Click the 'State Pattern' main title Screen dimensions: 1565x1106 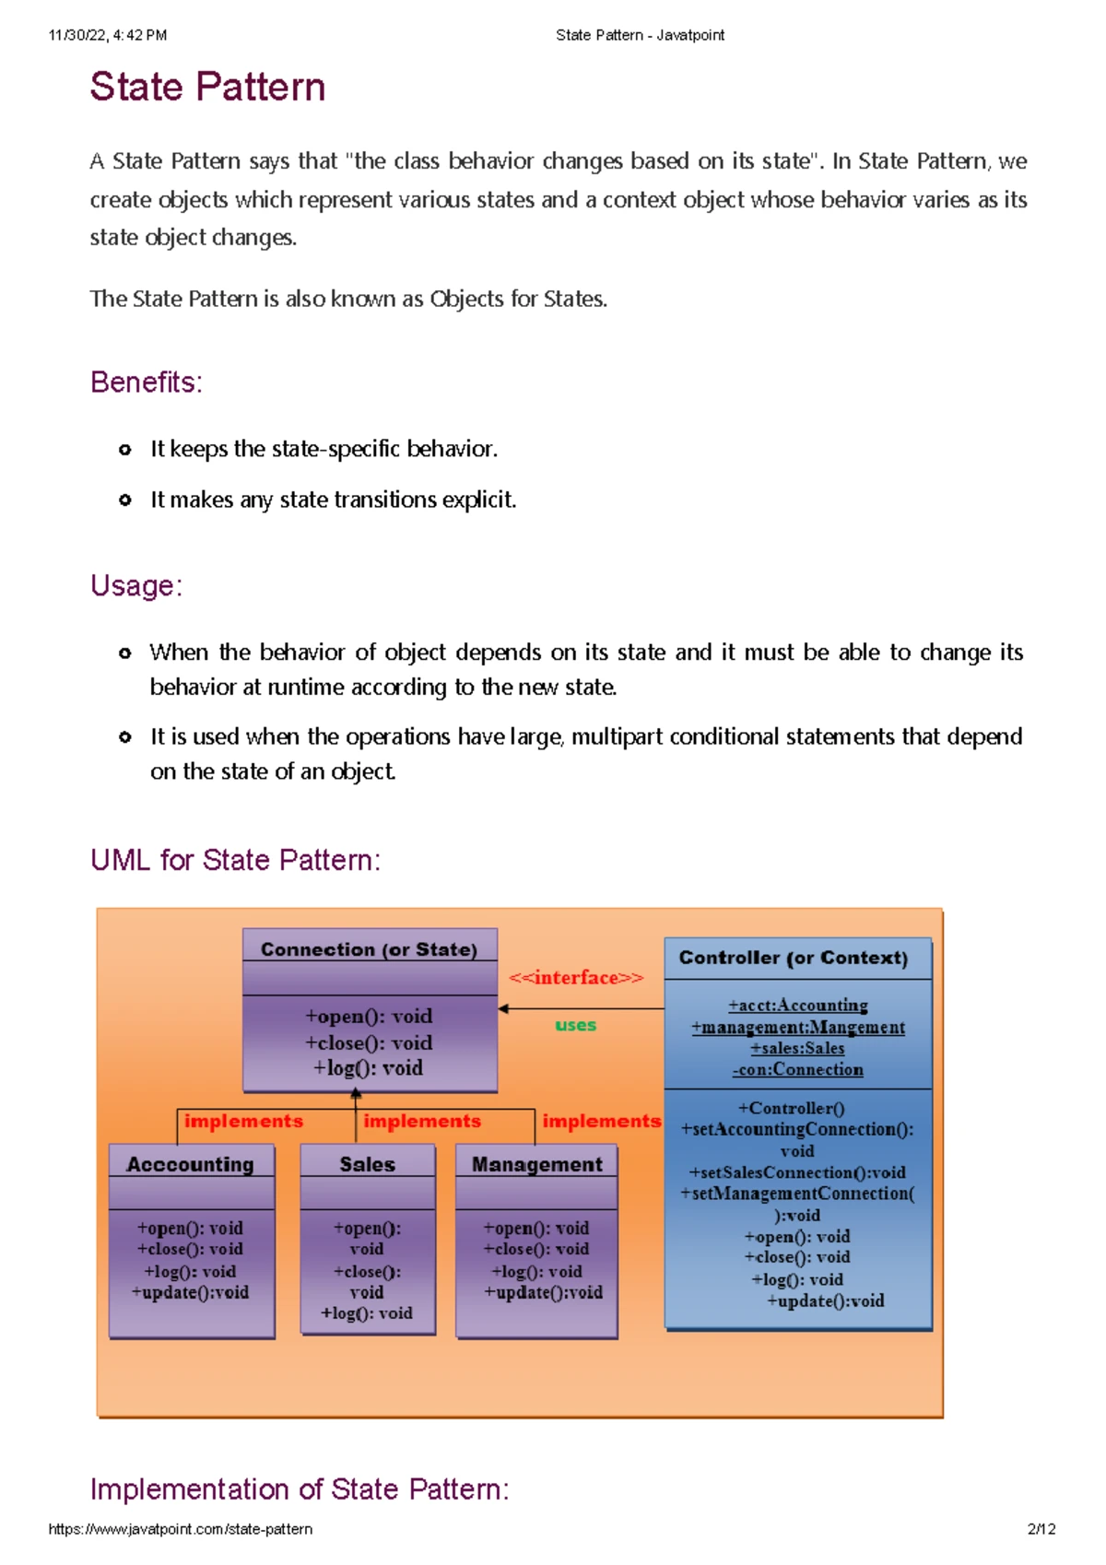click(207, 88)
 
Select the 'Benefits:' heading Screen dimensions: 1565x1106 click(146, 382)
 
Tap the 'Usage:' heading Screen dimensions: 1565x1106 click(136, 585)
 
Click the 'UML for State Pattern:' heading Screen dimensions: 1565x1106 click(235, 860)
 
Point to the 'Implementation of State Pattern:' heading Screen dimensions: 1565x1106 click(300, 1489)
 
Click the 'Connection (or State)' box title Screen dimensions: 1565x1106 click(369, 949)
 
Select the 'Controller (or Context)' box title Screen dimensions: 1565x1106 click(794, 958)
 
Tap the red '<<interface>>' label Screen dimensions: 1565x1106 click(576, 978)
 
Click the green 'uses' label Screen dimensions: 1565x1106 click(575, 1025)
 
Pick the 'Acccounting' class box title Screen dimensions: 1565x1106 click(190, 1164)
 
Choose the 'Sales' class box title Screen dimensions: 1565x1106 click(367, 1164)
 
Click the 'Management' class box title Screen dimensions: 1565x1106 click(536, 1164)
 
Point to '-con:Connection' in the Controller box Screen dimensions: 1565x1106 click(797, 1070)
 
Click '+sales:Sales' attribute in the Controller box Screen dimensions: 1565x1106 click(797, 1049)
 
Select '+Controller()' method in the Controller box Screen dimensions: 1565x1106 click(791, 1109)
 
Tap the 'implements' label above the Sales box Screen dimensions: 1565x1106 click(422, 1121)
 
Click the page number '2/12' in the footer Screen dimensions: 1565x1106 click(1041, 1529)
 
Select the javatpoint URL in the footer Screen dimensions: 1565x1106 click(181, 1529)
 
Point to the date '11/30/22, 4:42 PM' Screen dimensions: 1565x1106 click(108, 35)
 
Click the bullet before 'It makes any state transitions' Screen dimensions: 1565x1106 click(125, 500)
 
